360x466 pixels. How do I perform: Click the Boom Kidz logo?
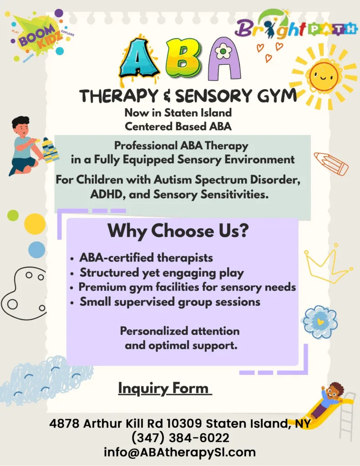coord(40,35)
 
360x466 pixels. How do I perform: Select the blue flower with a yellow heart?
coord(320,322)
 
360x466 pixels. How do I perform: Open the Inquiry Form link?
coord(164,388)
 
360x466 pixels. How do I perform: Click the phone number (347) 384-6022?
coord(180,438)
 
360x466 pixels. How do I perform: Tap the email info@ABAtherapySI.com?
coord(180,452)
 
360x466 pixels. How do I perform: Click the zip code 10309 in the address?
coord(184,423)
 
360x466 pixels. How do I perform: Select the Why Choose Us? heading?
coord(178,231)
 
